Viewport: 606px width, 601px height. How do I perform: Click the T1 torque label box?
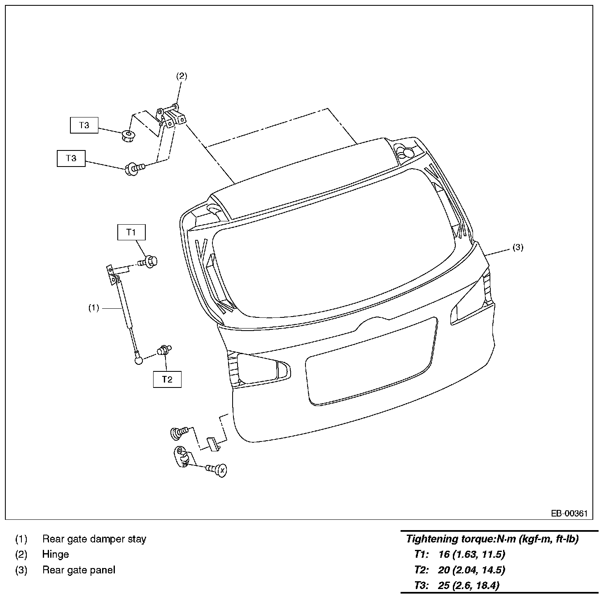coord(131,232)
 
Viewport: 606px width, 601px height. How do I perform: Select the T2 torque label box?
coord(167,379)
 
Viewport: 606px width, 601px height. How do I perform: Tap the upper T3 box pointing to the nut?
coord(84,125)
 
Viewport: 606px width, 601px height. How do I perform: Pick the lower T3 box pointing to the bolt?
coord(71,158)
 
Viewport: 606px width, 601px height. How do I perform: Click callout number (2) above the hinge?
coord(182,76)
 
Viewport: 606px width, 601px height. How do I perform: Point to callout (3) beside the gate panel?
coord(518,247)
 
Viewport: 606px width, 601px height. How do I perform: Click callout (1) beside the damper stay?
coord(94,308)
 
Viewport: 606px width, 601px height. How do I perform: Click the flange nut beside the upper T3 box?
coord(127,136)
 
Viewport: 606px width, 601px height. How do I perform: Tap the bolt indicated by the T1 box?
coord(147,261)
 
